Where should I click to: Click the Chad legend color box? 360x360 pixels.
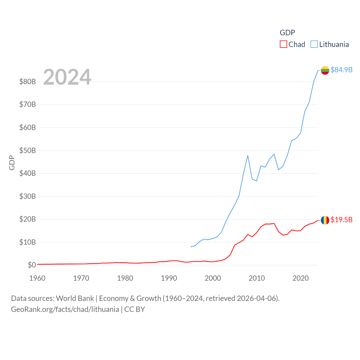(283, 44)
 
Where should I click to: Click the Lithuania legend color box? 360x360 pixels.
(314, 44)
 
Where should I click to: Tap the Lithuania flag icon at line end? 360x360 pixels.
(325, 70)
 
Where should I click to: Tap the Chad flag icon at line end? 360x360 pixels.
(325, 220)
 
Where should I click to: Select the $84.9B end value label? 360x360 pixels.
(341, 70)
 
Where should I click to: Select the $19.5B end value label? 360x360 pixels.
(341, 220)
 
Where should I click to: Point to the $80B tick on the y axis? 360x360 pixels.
(28, 82)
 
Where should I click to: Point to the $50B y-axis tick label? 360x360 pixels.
(28, 150)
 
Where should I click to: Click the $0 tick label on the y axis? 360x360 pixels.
(32, 265)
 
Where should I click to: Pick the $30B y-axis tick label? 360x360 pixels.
(28, 196)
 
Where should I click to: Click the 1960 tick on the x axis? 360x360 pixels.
(37, 278)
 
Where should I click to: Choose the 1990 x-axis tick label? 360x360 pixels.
(169, 278)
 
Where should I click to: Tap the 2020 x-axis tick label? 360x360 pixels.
(301, 278)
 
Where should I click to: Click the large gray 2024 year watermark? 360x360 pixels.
(67, 77)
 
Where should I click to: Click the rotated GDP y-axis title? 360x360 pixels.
(12, 163)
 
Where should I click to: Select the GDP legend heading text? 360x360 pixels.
(287, 33)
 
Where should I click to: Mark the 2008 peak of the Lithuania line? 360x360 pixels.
(248, 155)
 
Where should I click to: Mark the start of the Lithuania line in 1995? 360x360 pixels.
(191, 247)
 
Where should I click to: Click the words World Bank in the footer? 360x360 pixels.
(75, 298)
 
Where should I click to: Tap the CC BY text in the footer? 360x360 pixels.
(134, 309)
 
